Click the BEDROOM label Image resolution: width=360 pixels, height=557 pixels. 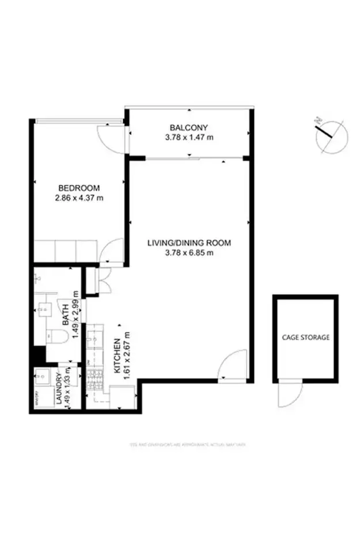pos(79,188)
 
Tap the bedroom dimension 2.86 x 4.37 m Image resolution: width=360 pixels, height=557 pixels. pos(79,199)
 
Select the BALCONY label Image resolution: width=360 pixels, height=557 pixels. pos(188,127)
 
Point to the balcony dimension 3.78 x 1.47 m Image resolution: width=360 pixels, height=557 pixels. pos(188,137)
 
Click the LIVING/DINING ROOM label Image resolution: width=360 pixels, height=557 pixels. pos(189,242)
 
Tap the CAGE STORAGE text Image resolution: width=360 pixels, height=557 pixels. pos(305,338)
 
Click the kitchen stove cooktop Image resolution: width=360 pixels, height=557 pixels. pos(94,378)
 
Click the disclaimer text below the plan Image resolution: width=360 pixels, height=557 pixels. pos(188,444)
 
